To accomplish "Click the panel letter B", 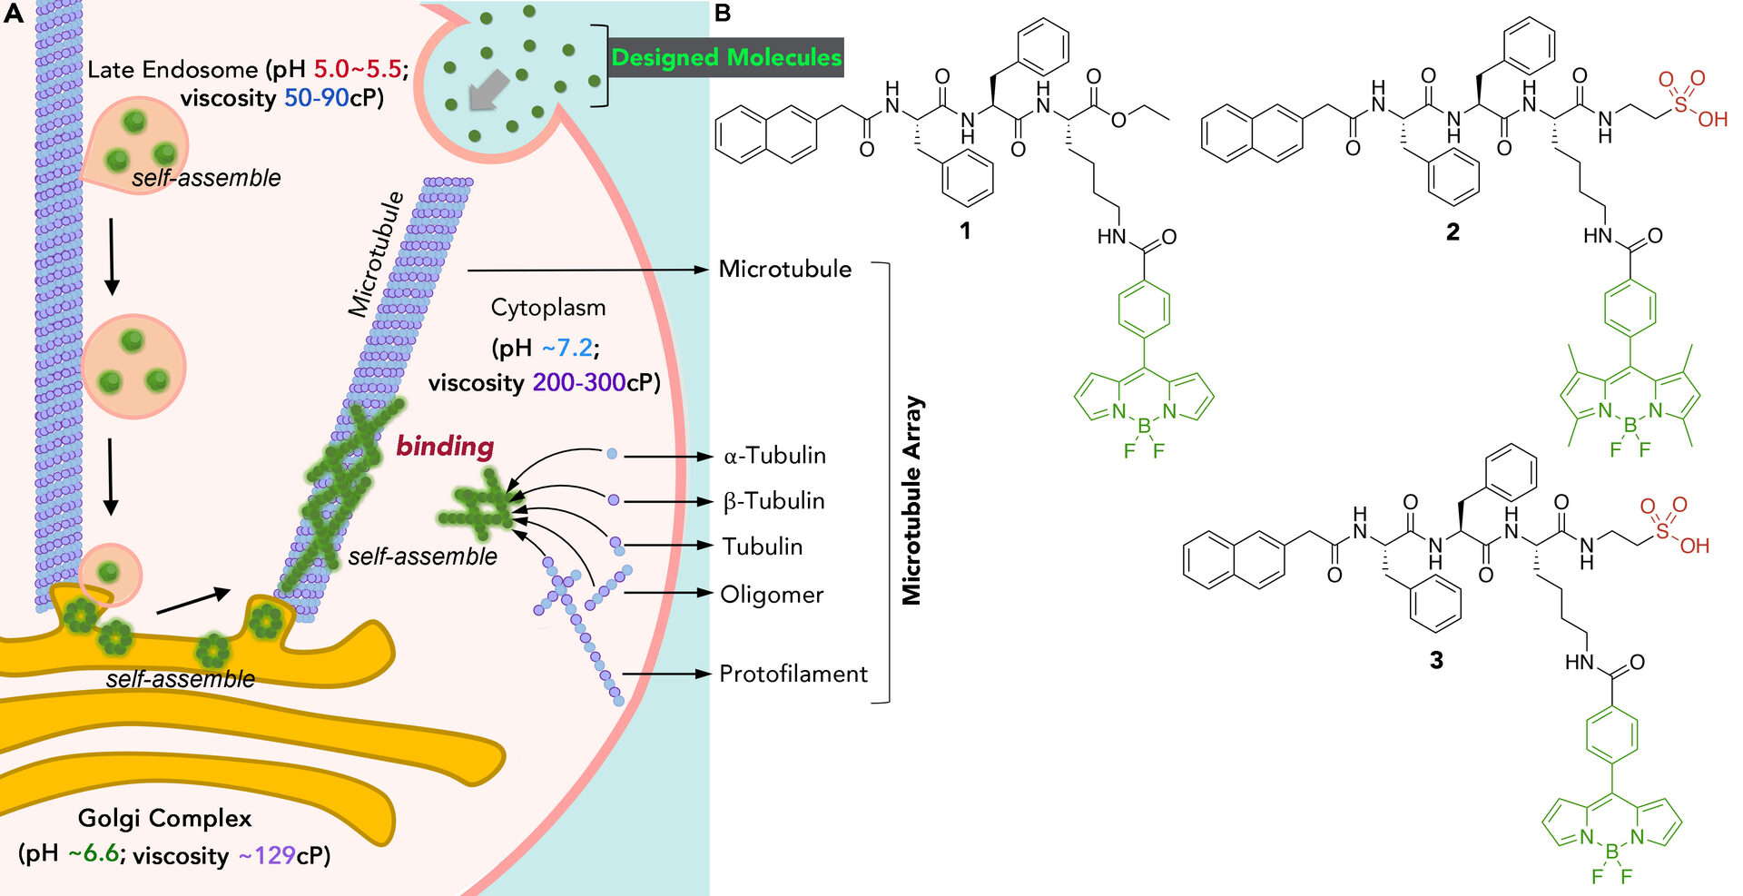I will [723, 14].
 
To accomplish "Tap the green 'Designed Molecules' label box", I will [726, 57].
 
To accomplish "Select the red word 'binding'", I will [445, 446].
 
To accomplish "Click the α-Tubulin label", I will [774, 456].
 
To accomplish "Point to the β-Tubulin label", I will [773, 501].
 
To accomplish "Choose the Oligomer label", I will [772, 595].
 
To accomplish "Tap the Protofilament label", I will [793, 674].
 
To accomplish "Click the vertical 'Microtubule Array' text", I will [911, 500].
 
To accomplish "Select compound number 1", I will [965, 231].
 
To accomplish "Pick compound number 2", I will [1452, 232].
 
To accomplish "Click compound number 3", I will [1436, 660].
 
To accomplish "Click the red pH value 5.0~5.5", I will [358, 70].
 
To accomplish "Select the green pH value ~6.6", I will [94, 854].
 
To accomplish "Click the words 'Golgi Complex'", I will [164, 818].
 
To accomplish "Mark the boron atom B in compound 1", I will [1144, 426].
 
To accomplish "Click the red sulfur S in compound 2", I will [1681, 105].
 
